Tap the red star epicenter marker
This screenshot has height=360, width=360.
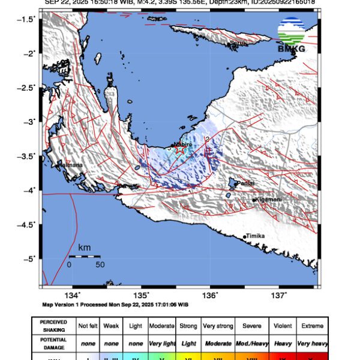(179, 150)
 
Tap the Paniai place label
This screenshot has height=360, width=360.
(247, 183)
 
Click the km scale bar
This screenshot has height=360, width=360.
(84, 256)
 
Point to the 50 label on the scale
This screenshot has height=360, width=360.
(100, 264)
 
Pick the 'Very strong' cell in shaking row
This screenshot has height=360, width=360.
(217, 326)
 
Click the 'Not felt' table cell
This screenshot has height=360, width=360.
(88, 326)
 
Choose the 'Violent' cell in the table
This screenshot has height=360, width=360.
(282, 326)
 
